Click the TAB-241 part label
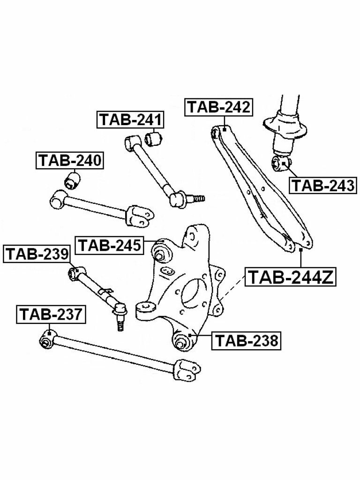point(130,120)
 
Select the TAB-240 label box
point(70,160)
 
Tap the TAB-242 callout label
point(219,107)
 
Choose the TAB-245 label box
point(110,245)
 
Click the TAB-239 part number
point(37,254)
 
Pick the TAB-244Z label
point(291,277)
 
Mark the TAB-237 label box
point(51,314)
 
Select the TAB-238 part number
point(247,341)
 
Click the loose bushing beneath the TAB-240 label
point(73,180)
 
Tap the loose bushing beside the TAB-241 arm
point(153,138)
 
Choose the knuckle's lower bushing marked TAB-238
point(181,341)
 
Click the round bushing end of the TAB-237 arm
point(47,338)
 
